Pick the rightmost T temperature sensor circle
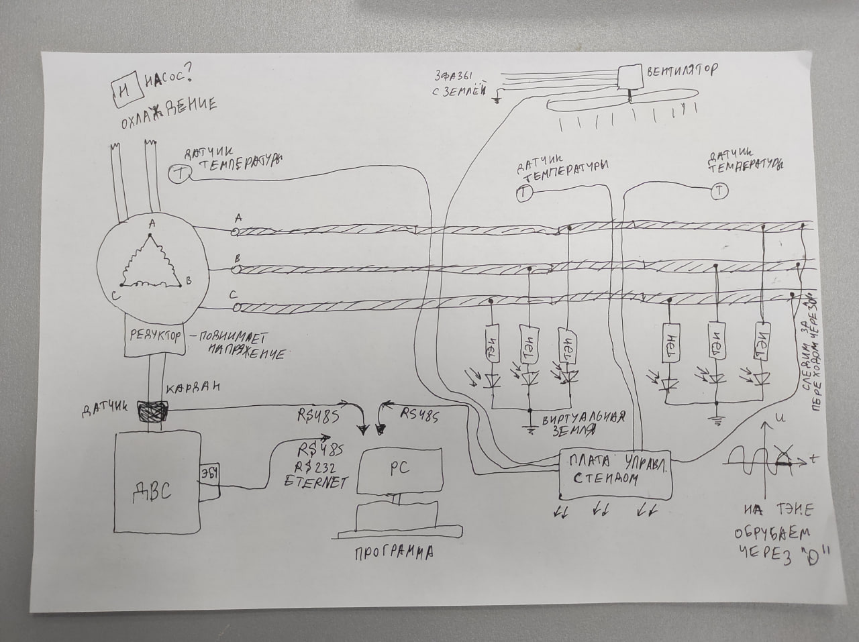719,191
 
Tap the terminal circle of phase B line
236,270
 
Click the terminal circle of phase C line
236,307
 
